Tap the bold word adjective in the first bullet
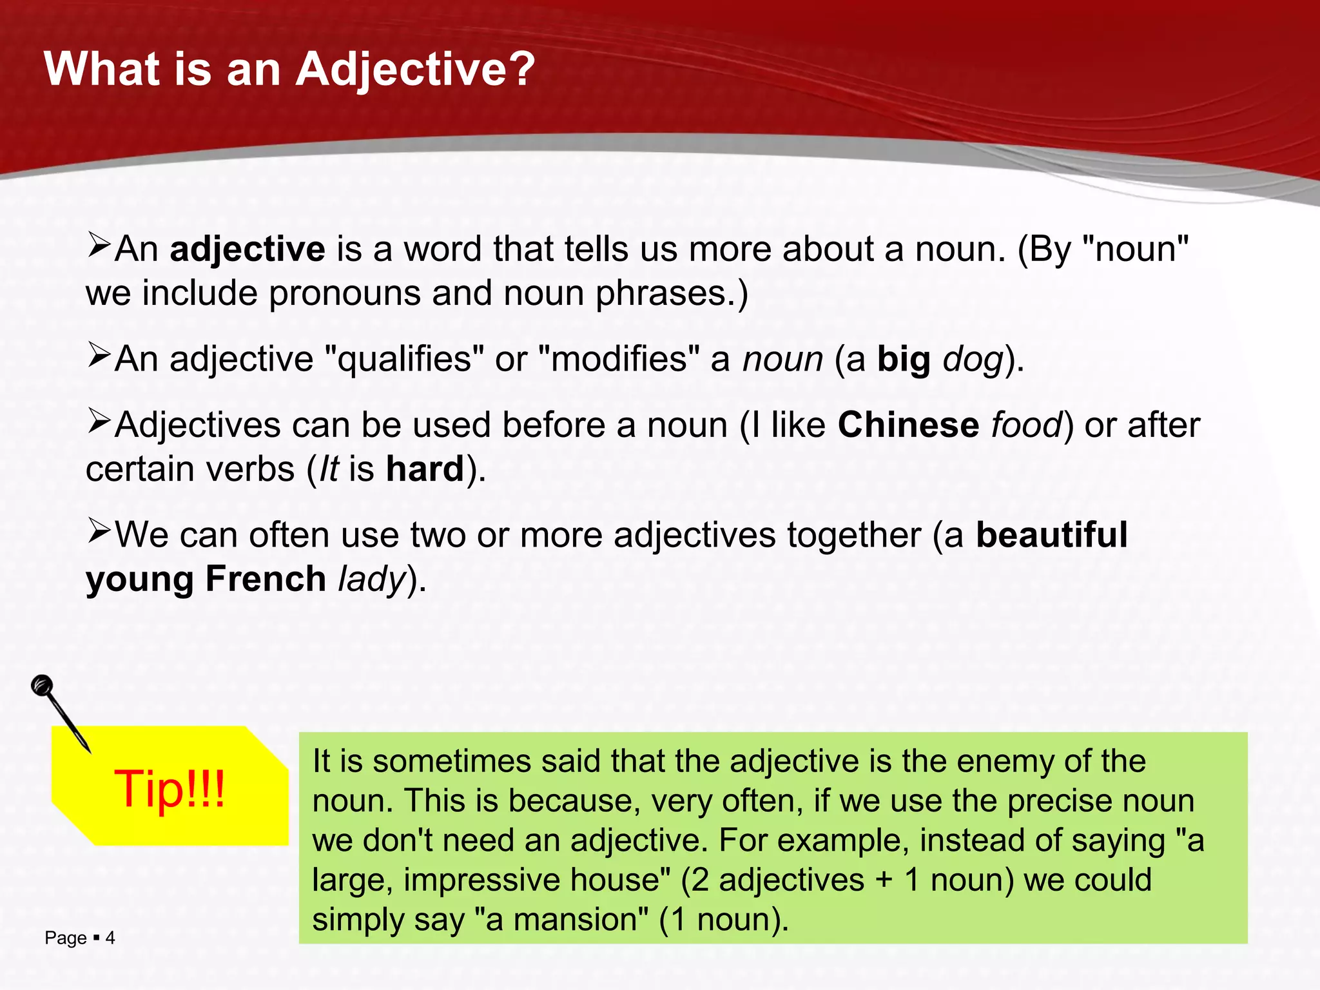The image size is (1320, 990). coord(247,249)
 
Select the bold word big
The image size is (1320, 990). coord(904,360)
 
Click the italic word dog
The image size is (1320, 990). coord(973,360)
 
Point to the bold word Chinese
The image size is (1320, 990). coord(908,425)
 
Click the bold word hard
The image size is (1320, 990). coord(425,469)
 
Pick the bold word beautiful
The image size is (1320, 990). coord(1051,535)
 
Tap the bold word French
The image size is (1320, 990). coord(266,579)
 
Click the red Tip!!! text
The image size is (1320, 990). coord(170,789)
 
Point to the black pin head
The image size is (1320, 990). coord(43,684)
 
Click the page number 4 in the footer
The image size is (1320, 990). coord(110,938)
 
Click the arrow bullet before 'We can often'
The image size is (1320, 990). coord(100,532)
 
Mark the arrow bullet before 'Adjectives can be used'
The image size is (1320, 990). coord(100,422)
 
